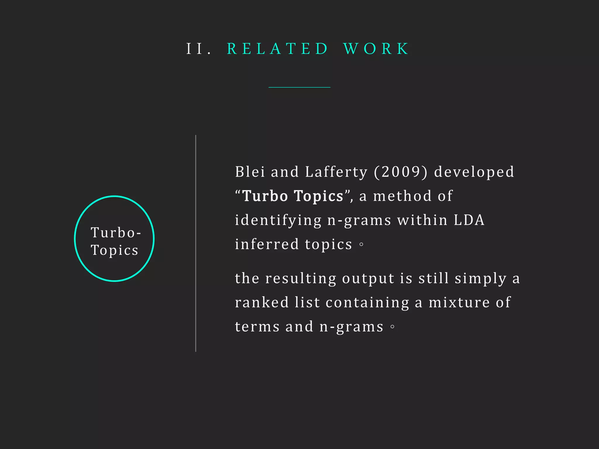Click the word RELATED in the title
[x=278, y=49]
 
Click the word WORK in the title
[x=376, y=49]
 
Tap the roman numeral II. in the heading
[x=199, y=49]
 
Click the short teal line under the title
[x=299, y=87]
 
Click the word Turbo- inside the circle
[x=116, y=233]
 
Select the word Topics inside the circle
[x=115, y=250]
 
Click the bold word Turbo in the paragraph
[x=265, y=196]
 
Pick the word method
[x=402, y=196]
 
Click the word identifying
[x=278, y=220]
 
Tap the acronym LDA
[x=469, y=220]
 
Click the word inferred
[x=267, y=244]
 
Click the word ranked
[x=262, y=302]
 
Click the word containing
[x=367, y=302]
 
